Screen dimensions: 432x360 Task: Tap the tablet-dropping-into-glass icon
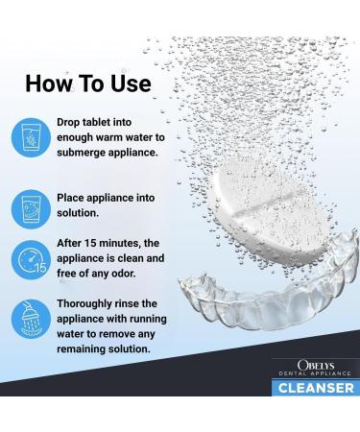click(x=31, y=138)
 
